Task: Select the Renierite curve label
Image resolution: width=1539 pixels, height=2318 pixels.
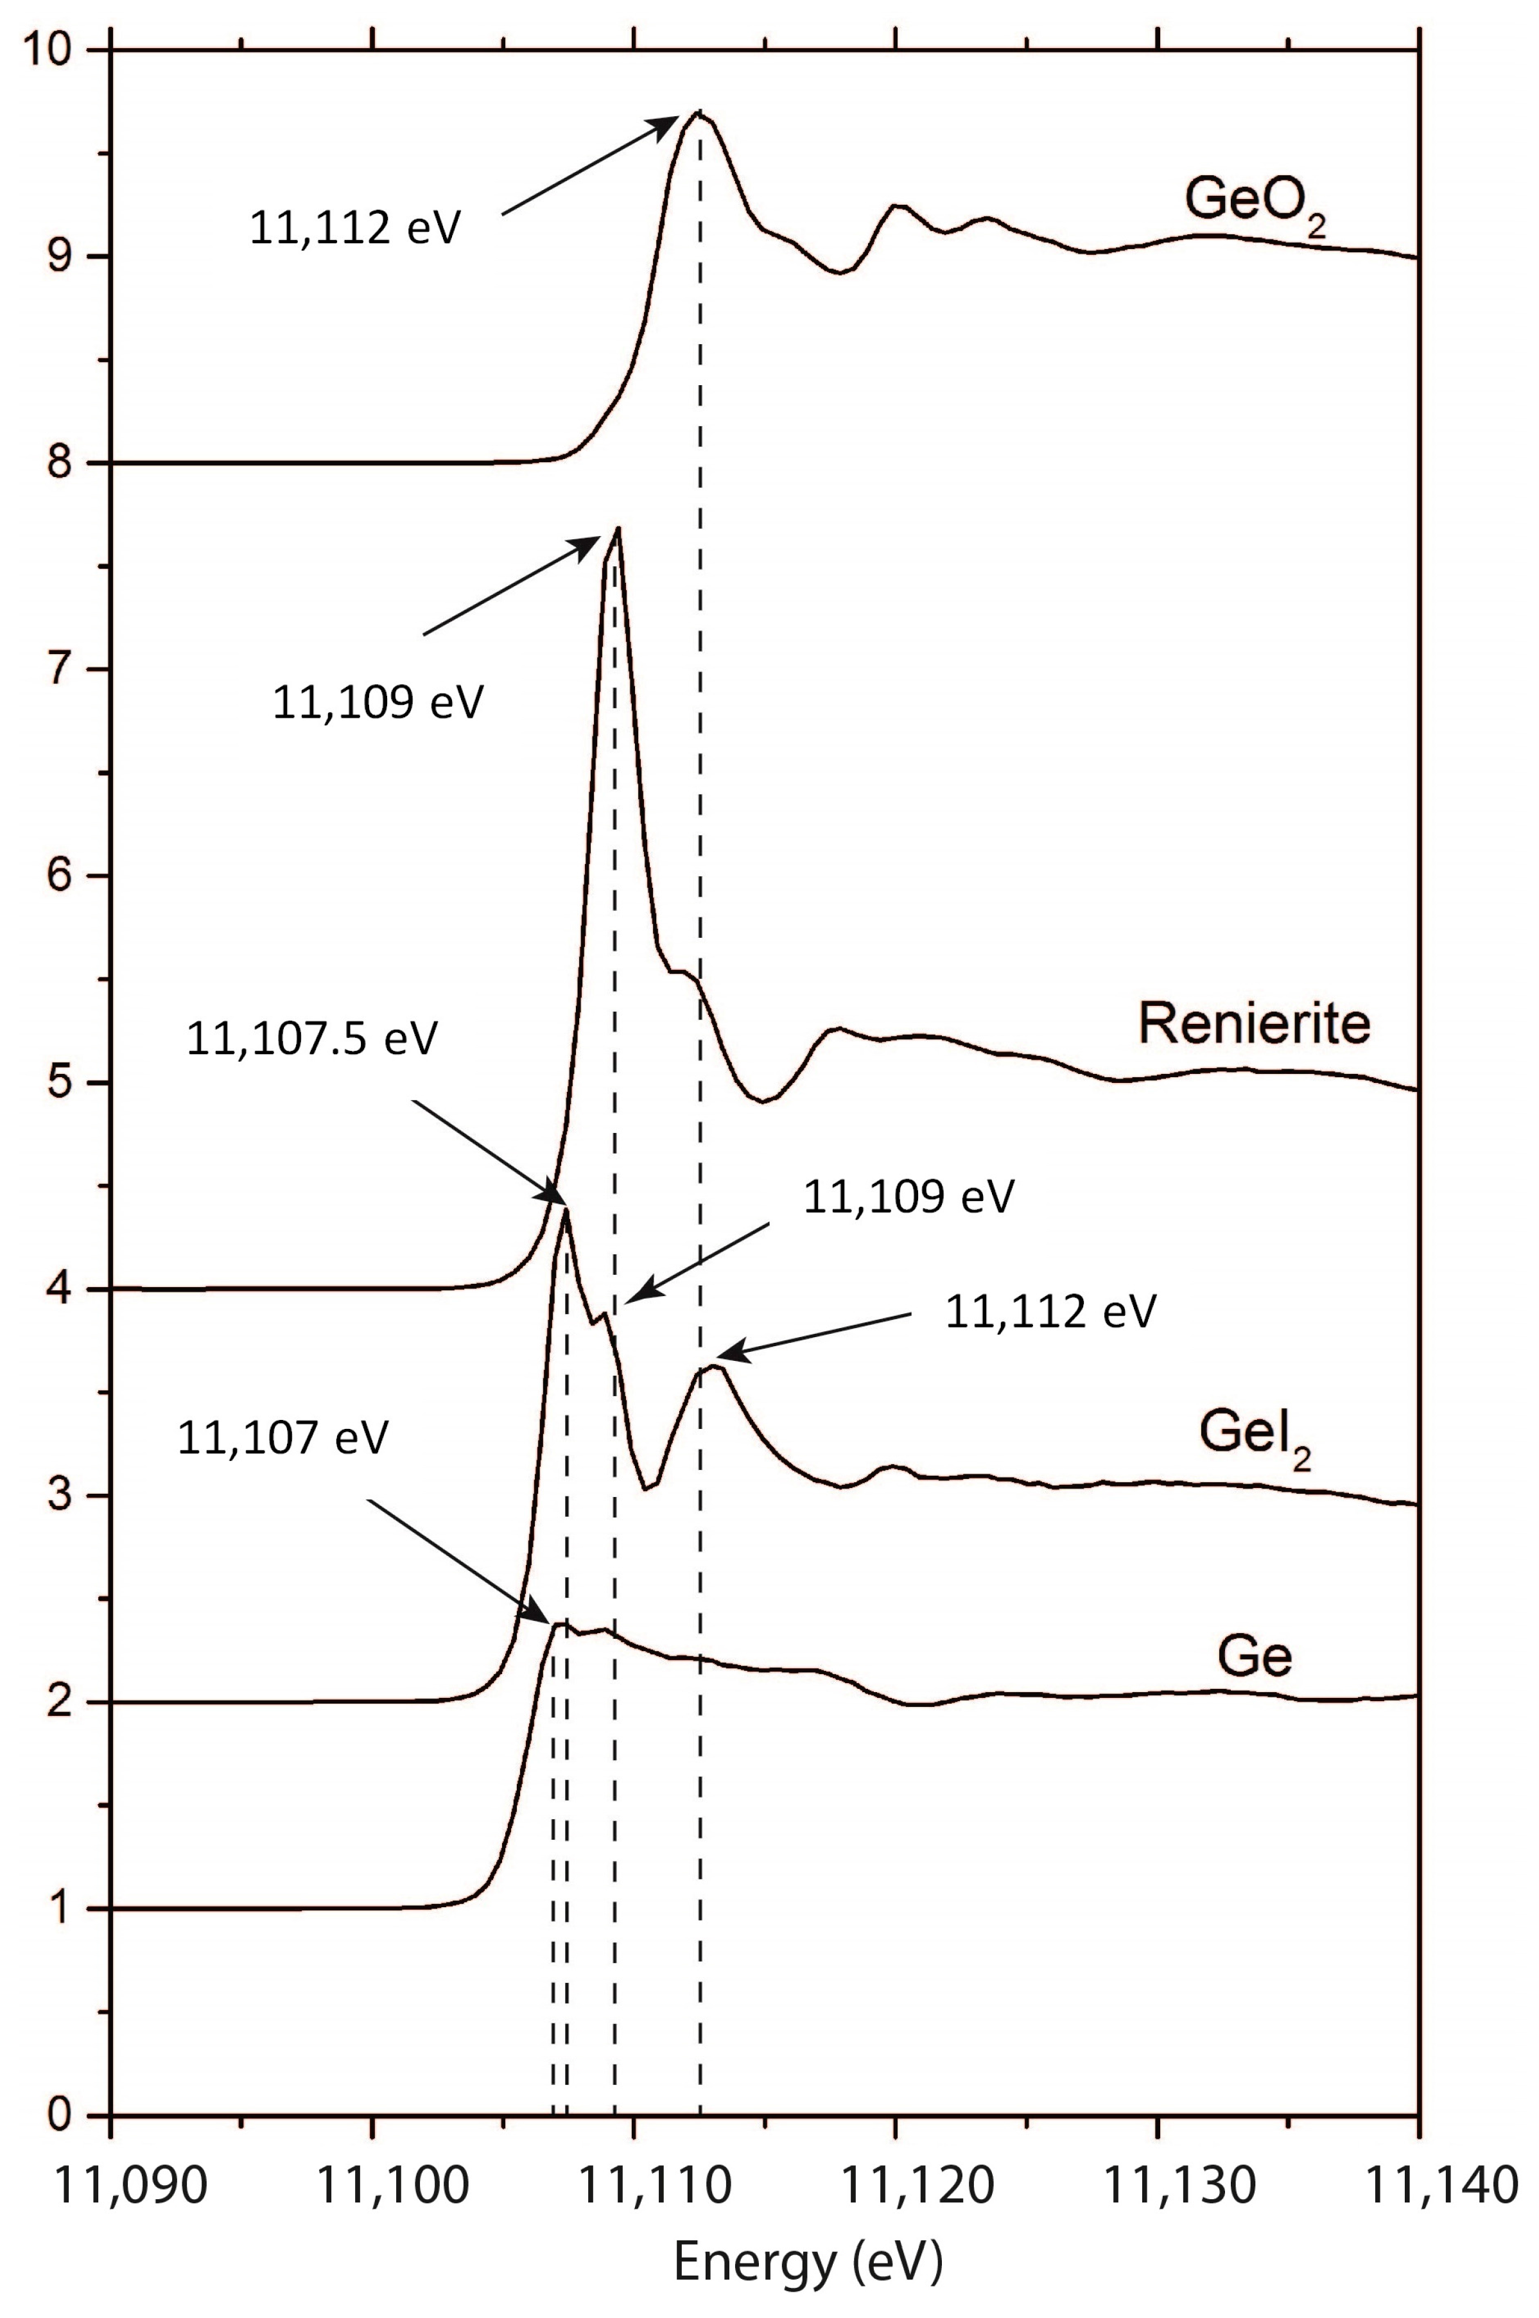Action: pyautogui.click(x=1255, y=1024)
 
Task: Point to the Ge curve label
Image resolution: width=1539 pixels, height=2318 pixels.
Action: pyautogui.click(x=1255, y=1657)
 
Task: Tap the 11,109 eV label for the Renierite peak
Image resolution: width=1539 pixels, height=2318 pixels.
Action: pyautogui.click(x=378, y=704)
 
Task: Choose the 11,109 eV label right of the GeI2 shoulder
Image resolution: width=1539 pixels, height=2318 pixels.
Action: pyautogui.click(x=908, y=1197)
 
